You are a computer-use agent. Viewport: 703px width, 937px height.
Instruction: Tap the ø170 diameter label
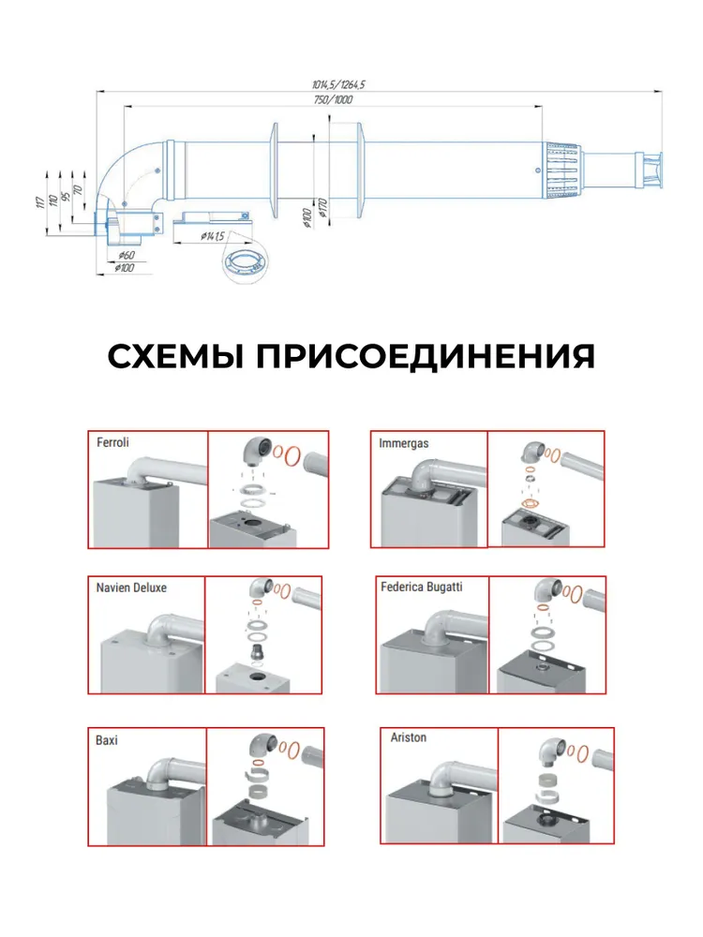coord(322,207)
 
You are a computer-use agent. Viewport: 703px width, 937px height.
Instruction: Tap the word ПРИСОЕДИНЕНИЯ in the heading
coord(426,356)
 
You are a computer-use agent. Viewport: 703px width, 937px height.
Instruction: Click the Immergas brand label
coord(404,442)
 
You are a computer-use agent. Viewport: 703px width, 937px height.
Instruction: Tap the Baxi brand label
coord(106,739)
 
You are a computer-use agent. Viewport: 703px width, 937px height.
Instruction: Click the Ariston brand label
coord(408,737)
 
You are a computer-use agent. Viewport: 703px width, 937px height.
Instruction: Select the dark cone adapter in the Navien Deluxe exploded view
coord(255,649)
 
